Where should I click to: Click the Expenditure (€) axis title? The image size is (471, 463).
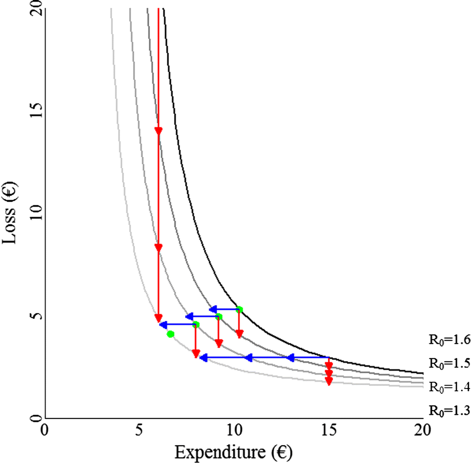pyautogui.click(x=233, y=450)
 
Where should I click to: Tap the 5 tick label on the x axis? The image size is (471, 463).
pyautogui.click(x=139, y=431)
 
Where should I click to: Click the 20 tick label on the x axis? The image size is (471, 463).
pyautogui.click(x=423, y=431)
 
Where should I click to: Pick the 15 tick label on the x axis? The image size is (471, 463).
pyautogui.click(x=328, y=431)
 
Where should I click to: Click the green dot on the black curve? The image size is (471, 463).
pyautogui.click(x=239, y=309)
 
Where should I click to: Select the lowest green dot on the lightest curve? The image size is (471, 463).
pyautogui.click(x=170, y=334)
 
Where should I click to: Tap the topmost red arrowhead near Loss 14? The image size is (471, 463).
pyautogui.click(x=158, y=131)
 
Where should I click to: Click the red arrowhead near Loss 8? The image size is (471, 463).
pyautogui.click(x=158, y=247)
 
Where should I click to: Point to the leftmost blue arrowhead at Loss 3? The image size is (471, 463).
pyautogui.click(x=204, y=358)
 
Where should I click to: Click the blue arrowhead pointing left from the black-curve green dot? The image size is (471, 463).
pyautogui.click(x=213, y=309)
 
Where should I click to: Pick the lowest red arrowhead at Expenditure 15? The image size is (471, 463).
pyautogui.click(x=329, y=382)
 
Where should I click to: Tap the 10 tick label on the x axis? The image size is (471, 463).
pyautogui.click(x=233, y=431)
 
